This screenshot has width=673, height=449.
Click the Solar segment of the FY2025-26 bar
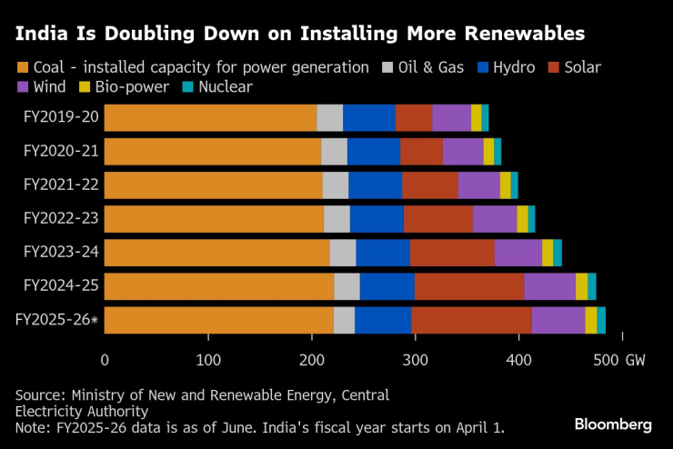(x=471, y=321)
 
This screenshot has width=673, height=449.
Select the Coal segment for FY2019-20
(x=210, y=118)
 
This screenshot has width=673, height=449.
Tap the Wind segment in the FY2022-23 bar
(x=495, y=219)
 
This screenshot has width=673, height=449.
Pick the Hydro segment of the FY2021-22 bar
(x=375, y=185)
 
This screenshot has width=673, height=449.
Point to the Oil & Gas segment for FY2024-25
(x=347, y=286)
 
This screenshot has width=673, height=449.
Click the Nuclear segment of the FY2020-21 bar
(x=497, y=152)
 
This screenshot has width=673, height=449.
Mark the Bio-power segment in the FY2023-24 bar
(x=547, y=253)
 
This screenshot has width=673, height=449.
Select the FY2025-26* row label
(x=58, y=320)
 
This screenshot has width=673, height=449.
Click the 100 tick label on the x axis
(x=208, y=361)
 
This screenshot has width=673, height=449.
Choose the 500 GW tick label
(x=620, y=361)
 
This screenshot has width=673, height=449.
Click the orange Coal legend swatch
(x=23, y=67)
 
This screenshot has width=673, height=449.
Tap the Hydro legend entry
(x=508, y=67)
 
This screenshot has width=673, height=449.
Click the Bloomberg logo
(x=613, y=424)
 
